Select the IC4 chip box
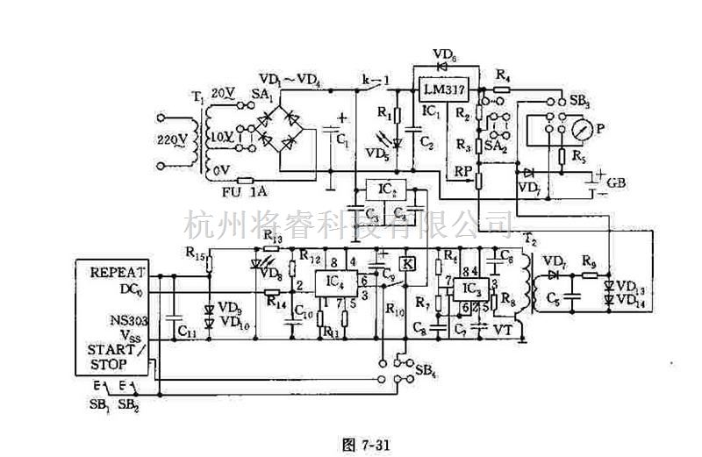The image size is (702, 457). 334,282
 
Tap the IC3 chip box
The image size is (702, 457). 471,289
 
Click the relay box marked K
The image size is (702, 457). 408,263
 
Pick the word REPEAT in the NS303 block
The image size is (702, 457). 118,272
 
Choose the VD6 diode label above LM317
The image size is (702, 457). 444,54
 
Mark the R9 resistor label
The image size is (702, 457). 590,261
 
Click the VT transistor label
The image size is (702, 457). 503,329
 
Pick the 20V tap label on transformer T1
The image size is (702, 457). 221,92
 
